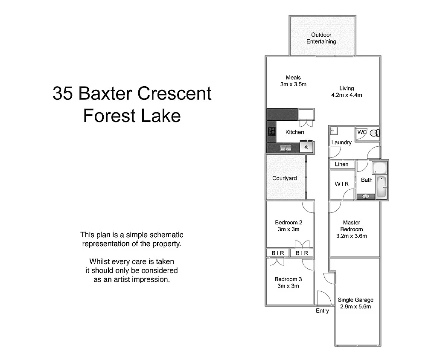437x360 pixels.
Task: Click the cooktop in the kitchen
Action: point(271,131)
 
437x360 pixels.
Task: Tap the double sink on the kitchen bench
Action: point(286,148)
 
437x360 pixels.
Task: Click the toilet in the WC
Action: point(374,133)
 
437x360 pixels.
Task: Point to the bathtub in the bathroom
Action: point(381,187)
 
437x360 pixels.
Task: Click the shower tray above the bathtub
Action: point(379,168)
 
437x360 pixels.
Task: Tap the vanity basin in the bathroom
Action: point(365,197)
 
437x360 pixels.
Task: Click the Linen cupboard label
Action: point(341,164)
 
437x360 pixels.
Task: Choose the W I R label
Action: point(341,184)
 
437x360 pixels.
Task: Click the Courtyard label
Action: point(284,178)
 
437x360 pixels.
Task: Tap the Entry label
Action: point(322,311)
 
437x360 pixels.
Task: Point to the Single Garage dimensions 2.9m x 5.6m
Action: point(355,307)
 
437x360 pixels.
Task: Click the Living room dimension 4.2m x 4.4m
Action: point(347,95)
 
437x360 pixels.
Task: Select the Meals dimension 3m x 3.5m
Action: point(293,84)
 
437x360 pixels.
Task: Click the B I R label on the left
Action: point(278,253)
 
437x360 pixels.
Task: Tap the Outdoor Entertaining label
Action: point(321,38)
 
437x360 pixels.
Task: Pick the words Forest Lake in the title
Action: point(132,116)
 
